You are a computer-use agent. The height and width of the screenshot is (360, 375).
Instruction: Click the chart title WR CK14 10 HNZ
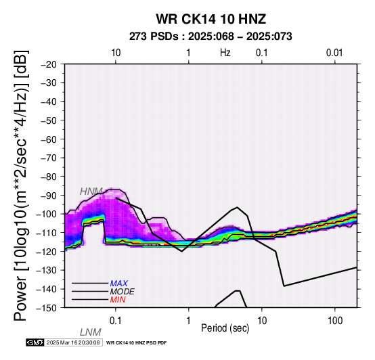point(211,19)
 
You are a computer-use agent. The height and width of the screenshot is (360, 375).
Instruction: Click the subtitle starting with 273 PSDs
point(211,37)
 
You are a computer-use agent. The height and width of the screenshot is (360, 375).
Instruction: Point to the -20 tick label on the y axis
point(49,64)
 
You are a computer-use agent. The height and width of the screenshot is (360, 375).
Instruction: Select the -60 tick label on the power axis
point(49,139)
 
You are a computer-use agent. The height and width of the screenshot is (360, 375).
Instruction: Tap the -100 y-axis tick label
point(47,214)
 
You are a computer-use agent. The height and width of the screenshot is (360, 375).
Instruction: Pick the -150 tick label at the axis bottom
point(47,308)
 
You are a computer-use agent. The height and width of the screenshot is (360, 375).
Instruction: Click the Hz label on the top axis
point(225,53)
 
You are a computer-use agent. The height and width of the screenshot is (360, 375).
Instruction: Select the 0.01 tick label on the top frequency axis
point(334,53)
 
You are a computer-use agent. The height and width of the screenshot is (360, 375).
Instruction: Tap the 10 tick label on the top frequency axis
point(116,53)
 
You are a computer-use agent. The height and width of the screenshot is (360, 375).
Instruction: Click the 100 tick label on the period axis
point(335,321)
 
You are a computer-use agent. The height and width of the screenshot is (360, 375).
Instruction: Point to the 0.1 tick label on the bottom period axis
point(115,321)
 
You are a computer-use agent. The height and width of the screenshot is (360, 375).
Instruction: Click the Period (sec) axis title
point(225,328)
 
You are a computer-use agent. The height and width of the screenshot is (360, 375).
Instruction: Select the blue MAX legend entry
point(119,284)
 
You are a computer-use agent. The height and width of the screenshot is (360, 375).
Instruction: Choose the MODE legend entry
point(123,292)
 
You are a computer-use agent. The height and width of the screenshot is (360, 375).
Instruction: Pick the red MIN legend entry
point(118,300)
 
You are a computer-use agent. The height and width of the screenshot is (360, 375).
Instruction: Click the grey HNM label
point(91,192)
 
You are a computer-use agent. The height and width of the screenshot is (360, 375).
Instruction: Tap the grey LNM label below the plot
point(91,332)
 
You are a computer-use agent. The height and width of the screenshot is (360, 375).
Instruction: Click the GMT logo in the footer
point(35,342)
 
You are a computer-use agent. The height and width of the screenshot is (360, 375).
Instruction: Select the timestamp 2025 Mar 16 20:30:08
point(73,342)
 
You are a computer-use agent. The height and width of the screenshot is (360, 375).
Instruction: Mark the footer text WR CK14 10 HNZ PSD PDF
point(136,343)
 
